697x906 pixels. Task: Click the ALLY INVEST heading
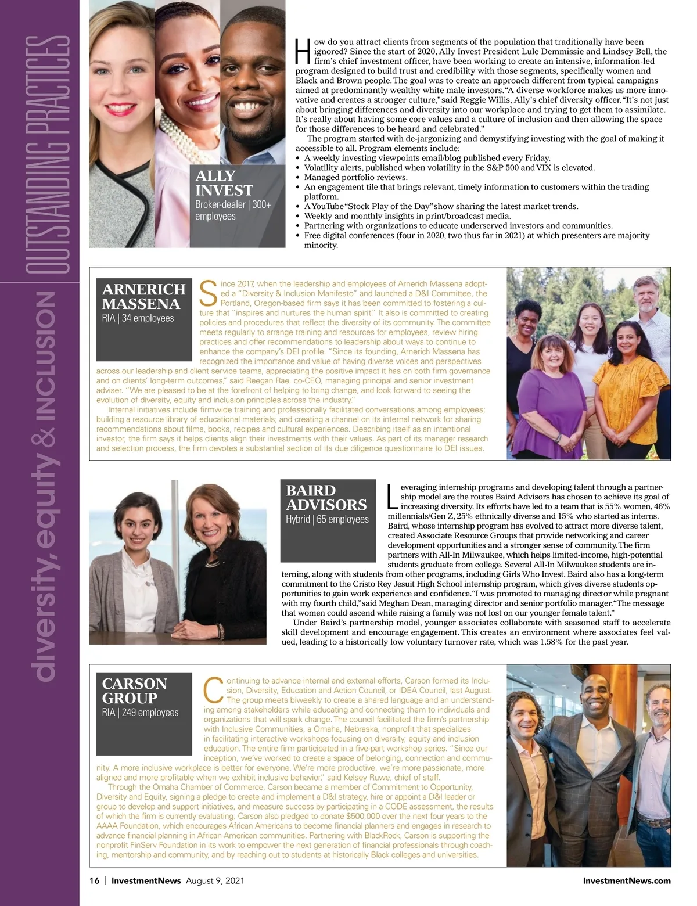pyautogui.click(x=224, y=183)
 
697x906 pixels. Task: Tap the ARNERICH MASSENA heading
pyautogui.click(x=143, y=296)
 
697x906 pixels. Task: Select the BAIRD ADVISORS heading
pyautogui.click(x=326, y=498)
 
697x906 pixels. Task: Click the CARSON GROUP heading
pyautogui.click(x=135, y=691)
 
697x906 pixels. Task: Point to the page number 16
pyautogui.click(x=94, y=880)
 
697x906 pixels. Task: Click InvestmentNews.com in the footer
pyautogui.click(x=626, y=880)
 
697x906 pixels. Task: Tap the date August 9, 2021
pyautogui.click(x=215, y=880)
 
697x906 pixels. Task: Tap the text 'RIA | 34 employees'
pyautogui.click(x=138, y=318)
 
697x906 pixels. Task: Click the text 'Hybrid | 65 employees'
pyautogui.click(x=327, y=519)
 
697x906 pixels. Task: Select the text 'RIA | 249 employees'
pyautogui.click(x=140, y=712)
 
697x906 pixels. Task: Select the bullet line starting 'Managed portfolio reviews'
pyautogui.click(x=355, y=177)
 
